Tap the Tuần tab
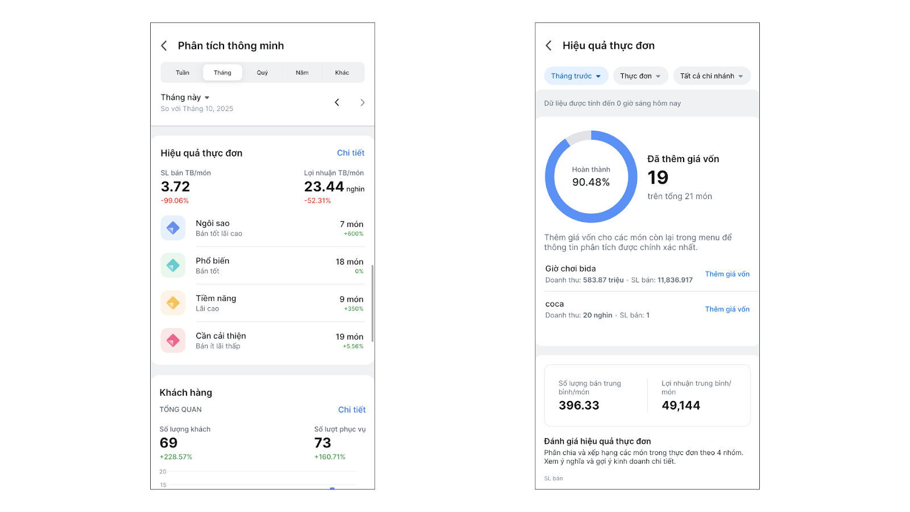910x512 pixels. [183, 73]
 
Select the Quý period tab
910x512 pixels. [262, 73]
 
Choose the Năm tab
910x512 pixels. [302, 73]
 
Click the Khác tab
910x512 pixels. [342, 73]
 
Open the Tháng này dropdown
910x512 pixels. [185, 97]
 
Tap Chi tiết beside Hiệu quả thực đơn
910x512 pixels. [350, 153]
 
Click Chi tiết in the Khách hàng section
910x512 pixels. [351, 410]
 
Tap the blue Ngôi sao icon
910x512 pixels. [173, 228]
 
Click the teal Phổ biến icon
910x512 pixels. [173, 266]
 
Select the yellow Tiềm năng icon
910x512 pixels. [173, 303]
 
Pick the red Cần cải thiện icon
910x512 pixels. [173, 341]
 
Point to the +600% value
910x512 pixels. [353, 234]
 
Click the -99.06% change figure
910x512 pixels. [175, 201]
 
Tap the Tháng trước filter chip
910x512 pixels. [576, 76]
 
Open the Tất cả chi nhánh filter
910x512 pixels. [712, 76]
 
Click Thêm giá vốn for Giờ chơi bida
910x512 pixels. [727, 274]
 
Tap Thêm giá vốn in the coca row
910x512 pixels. [727, 309]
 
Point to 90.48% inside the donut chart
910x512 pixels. [591, 182]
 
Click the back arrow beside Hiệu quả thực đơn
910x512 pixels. [549, 46]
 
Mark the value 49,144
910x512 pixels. [681, 406]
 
